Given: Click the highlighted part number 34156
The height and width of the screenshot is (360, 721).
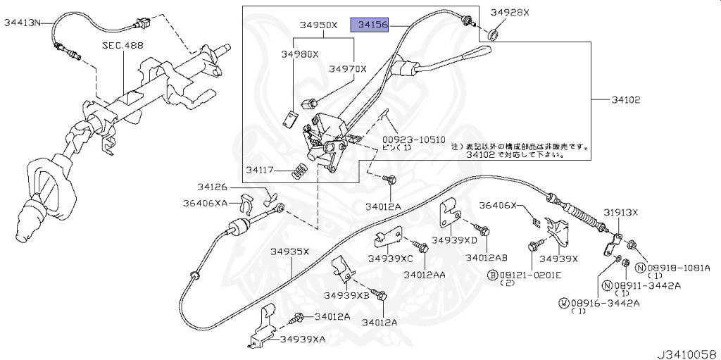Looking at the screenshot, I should click(373, 25).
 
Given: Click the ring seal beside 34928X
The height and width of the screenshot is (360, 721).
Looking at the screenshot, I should click(494, 34).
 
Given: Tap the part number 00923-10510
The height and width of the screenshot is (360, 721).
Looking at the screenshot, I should click(414, 139).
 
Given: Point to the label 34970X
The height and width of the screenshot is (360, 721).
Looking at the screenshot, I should click(347, 69).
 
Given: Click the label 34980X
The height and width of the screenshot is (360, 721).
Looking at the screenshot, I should click(300, 54).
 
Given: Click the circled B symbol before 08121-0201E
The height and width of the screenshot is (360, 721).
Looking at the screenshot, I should click(494, 275).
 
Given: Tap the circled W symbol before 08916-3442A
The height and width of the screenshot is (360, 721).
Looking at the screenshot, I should click(563, 302).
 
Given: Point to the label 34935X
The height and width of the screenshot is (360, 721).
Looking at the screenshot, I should click(290, 252).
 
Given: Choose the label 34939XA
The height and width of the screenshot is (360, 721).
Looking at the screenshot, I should click(303, 339).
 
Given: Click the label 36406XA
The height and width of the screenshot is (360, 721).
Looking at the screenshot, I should click(202, 203).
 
